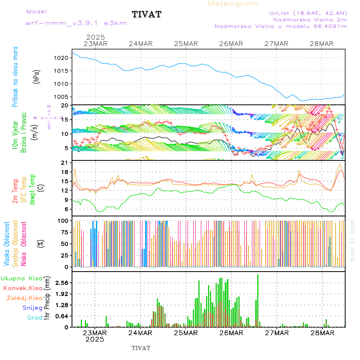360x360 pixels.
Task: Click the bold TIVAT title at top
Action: click(146, 14)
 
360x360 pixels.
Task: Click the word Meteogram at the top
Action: click(233, 4)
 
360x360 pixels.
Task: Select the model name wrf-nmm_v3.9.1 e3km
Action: click(76, 23)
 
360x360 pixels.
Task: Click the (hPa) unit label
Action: click(37, 76)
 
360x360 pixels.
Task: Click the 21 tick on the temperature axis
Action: click(64, 162)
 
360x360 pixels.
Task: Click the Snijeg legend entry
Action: click(32, 308)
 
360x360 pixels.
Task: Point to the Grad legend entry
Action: click(34, 318)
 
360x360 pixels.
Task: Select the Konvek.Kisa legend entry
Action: click(22, 288)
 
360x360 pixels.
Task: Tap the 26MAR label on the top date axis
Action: click(231, 44)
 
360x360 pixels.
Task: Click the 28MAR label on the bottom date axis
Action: click(322, 333)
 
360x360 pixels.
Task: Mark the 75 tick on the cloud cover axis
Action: click(63, 232)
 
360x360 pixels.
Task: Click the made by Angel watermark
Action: click(352, 240)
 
